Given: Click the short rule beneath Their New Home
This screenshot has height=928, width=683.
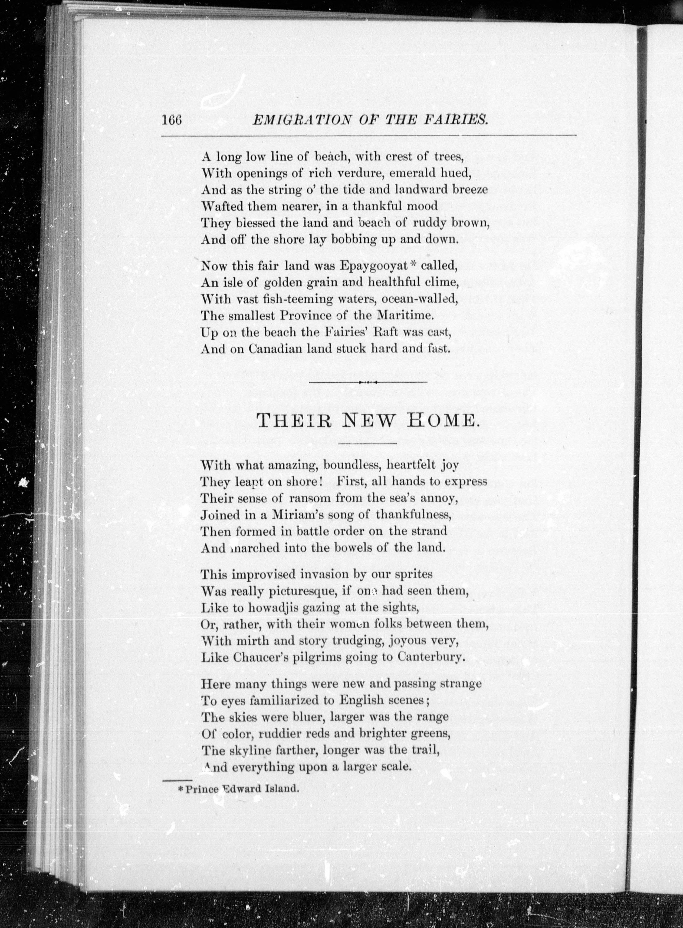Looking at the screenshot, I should click(x=367, y=444).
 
